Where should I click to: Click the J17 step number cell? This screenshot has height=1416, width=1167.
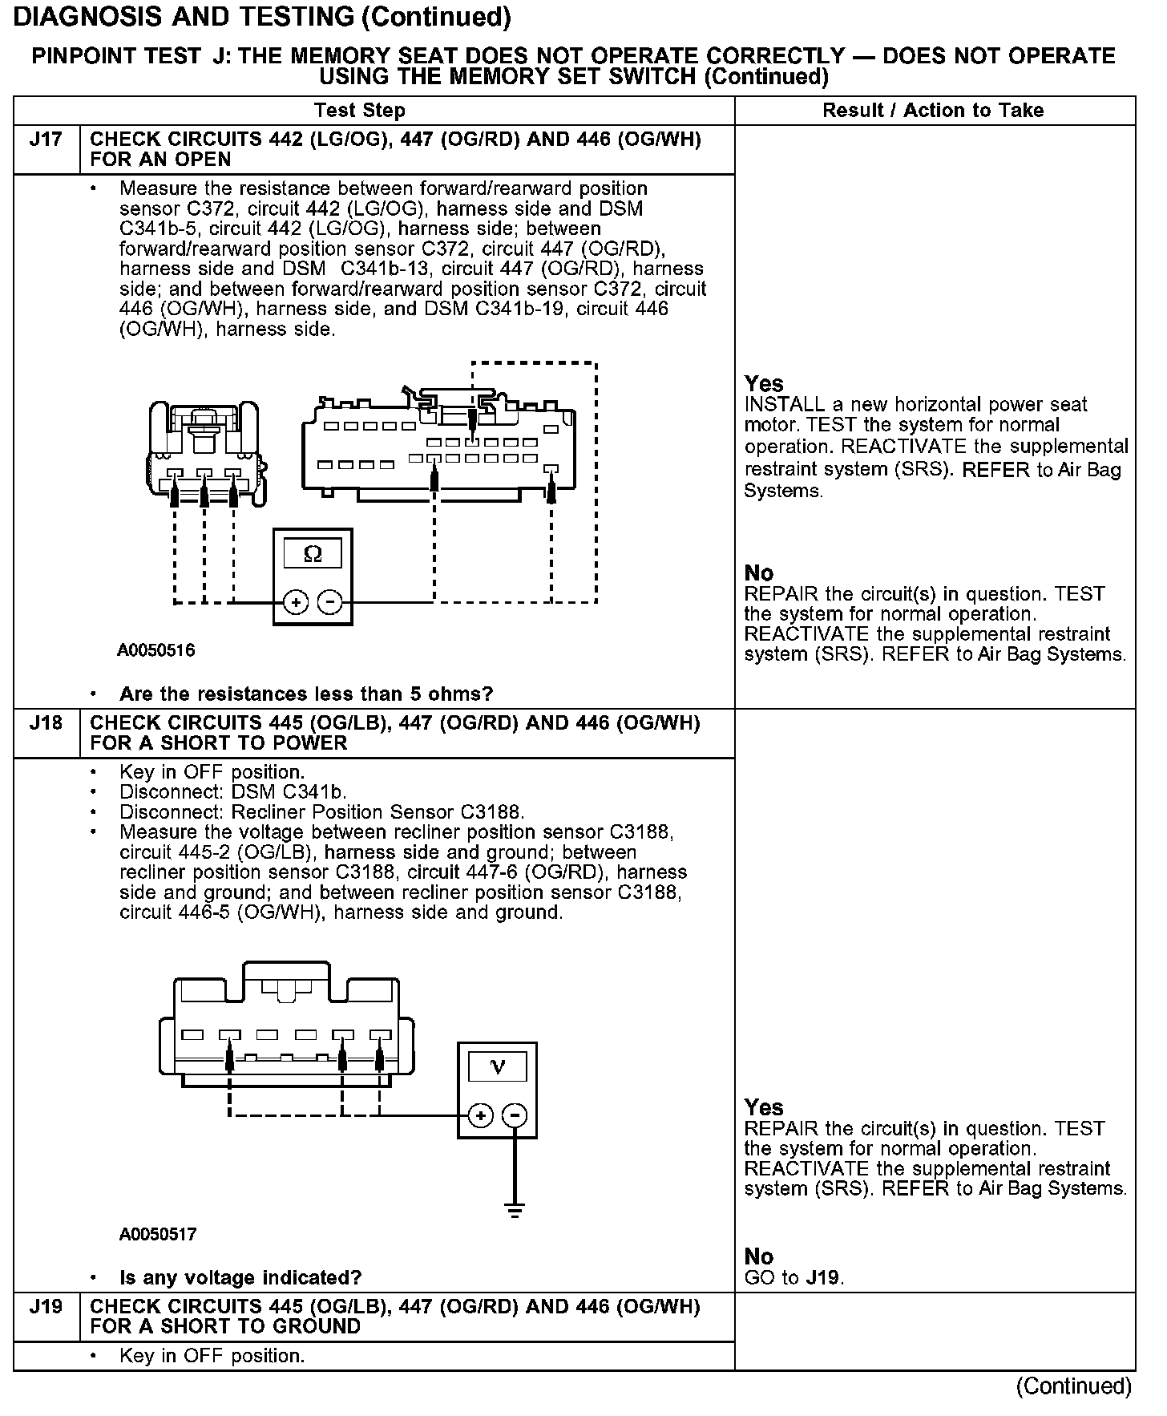click(46, 140)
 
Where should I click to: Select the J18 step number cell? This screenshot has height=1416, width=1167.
click(46, 724)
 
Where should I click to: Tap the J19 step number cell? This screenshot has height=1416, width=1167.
click(46, 1308)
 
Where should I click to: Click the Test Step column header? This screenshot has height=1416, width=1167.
click(360, 111)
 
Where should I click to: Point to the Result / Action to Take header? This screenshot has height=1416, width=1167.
click(933, 111)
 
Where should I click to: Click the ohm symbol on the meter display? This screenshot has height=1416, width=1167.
click(313, 554)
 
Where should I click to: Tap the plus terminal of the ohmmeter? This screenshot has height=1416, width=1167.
click(296, 602)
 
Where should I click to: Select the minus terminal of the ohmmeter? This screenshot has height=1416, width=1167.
click(329, 602)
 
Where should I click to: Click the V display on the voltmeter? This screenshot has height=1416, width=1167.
click(497, 1067)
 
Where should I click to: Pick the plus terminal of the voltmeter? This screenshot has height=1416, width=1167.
click(480, 1115)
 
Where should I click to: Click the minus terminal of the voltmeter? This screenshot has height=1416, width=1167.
click(515, 1115)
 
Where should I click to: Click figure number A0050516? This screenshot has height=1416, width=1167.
click(156, 650)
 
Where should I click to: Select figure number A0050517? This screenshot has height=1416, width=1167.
click(157, 1234)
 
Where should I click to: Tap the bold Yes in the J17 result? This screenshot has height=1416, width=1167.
click(764, 383)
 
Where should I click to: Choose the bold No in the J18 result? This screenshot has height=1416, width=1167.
click(758, 1256)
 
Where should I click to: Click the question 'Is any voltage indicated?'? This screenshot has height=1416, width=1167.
click(240, 1277)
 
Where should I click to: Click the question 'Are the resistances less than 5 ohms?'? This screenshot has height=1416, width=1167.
click(306, 694)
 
